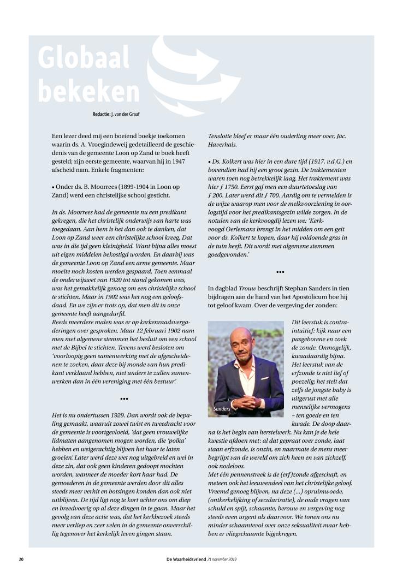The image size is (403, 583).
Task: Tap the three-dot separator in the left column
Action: (x=124, y=399)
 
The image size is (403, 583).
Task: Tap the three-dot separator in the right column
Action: (x=280, y=271)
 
